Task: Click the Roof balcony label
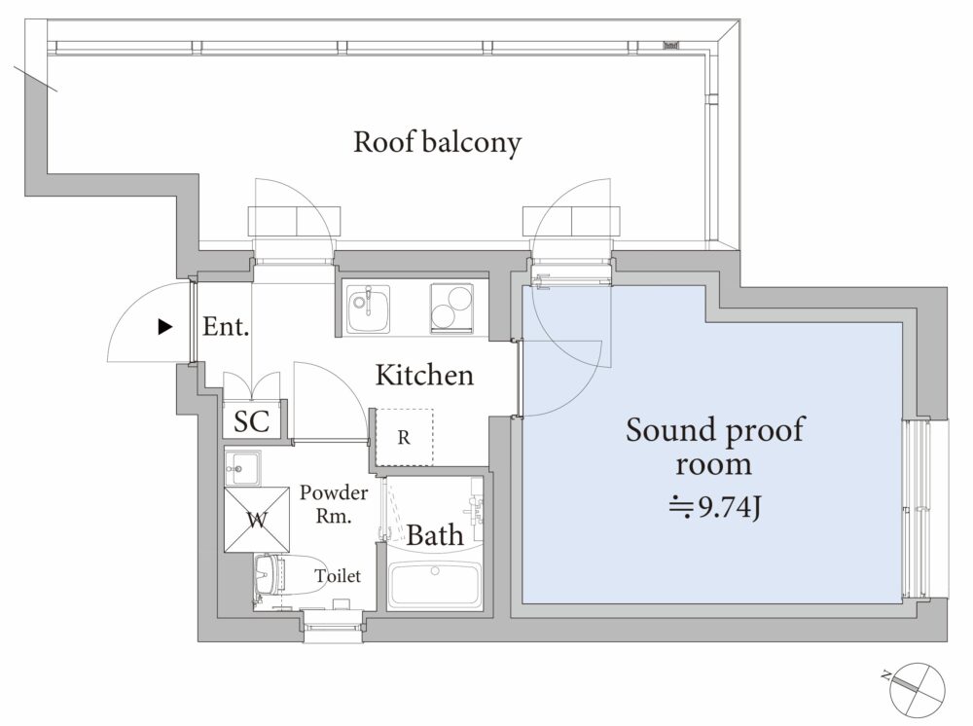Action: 438,143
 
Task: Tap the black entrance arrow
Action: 165,326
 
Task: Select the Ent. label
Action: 226,326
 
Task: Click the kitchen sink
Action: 368,309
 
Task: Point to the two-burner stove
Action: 452,309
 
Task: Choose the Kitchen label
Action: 424,375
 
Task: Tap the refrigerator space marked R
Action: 404,438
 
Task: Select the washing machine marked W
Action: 257,520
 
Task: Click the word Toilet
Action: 338,576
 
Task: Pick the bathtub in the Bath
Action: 435,586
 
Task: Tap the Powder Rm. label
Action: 334,504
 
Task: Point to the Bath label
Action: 434,535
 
